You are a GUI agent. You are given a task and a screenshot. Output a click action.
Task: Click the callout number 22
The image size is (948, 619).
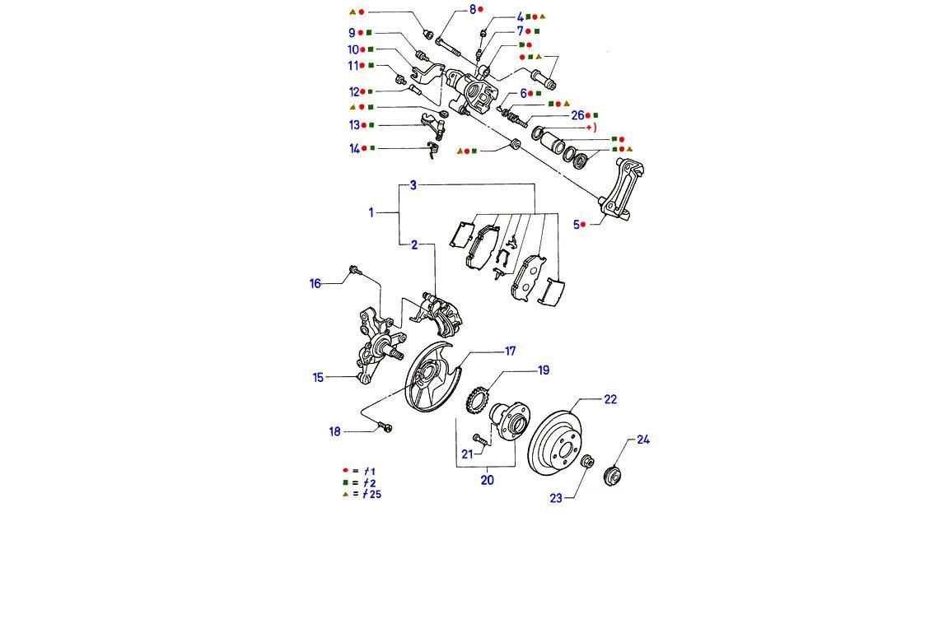pos(609,399)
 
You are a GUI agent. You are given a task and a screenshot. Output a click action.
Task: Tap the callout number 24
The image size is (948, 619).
pos(643,440)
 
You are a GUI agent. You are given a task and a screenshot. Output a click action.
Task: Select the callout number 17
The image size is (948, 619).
pos(510,351)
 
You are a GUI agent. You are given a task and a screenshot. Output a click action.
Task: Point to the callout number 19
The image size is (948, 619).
pos(544,370)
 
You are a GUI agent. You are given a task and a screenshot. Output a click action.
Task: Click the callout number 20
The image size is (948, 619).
pos(487,480)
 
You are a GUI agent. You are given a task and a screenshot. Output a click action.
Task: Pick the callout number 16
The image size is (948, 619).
pos(315,284)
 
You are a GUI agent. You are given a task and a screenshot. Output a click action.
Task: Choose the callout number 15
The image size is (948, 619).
pos(318,378)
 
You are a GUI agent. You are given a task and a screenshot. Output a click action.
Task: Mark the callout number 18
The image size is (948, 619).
pos(334,432)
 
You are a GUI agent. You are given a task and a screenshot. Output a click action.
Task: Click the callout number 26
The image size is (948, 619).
pos(577,115)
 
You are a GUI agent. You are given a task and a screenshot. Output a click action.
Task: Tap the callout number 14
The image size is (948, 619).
pos(354,149)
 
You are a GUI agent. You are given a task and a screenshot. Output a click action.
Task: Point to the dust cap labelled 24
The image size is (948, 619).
pos(613,476)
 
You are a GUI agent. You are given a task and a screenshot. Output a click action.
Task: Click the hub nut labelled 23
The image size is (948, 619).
pos(586,462)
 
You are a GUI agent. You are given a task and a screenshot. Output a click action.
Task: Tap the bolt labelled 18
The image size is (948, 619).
pos(385,426)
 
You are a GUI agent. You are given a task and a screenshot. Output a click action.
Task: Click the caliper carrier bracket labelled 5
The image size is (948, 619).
pos(625,193)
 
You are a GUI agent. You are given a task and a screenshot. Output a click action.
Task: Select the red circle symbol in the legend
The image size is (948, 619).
pos(345,471)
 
